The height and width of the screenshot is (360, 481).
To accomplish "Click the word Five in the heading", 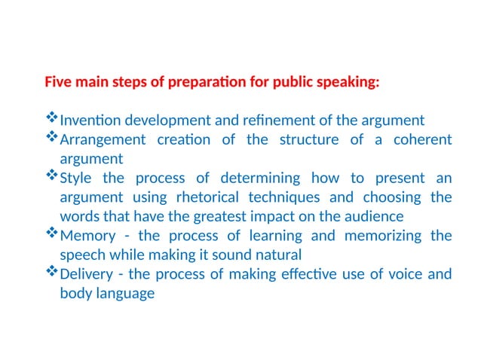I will click(58, 81).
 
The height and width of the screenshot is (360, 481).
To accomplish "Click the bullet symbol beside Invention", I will click(52, 118).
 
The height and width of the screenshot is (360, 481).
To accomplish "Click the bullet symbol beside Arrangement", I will click(52, 138).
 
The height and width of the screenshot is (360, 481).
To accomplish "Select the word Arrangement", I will click(102, 140).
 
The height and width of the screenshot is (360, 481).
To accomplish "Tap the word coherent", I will click(423, 140).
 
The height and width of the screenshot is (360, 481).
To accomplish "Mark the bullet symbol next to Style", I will click(52, 176).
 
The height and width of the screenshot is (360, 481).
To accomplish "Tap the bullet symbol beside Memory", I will click(52, 233).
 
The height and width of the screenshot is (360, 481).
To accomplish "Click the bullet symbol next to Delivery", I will click(52, 272).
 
